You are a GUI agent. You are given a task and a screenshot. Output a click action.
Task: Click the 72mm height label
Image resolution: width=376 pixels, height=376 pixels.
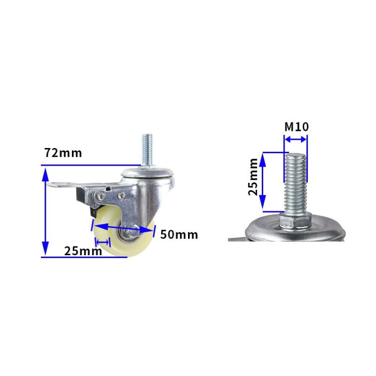[63, 153]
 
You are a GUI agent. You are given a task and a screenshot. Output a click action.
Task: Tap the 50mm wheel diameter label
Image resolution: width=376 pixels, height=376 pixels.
[178, 235]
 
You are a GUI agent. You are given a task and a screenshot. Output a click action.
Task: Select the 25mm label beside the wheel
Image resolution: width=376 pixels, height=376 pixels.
[83, 251]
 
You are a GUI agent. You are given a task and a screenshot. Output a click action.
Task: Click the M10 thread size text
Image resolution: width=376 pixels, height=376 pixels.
[296, 127]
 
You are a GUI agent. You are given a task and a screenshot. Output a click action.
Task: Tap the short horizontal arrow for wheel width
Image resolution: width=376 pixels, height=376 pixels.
[102, 240]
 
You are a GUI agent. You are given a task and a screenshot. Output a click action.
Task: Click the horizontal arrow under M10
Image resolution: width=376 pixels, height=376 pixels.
[296, 139]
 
